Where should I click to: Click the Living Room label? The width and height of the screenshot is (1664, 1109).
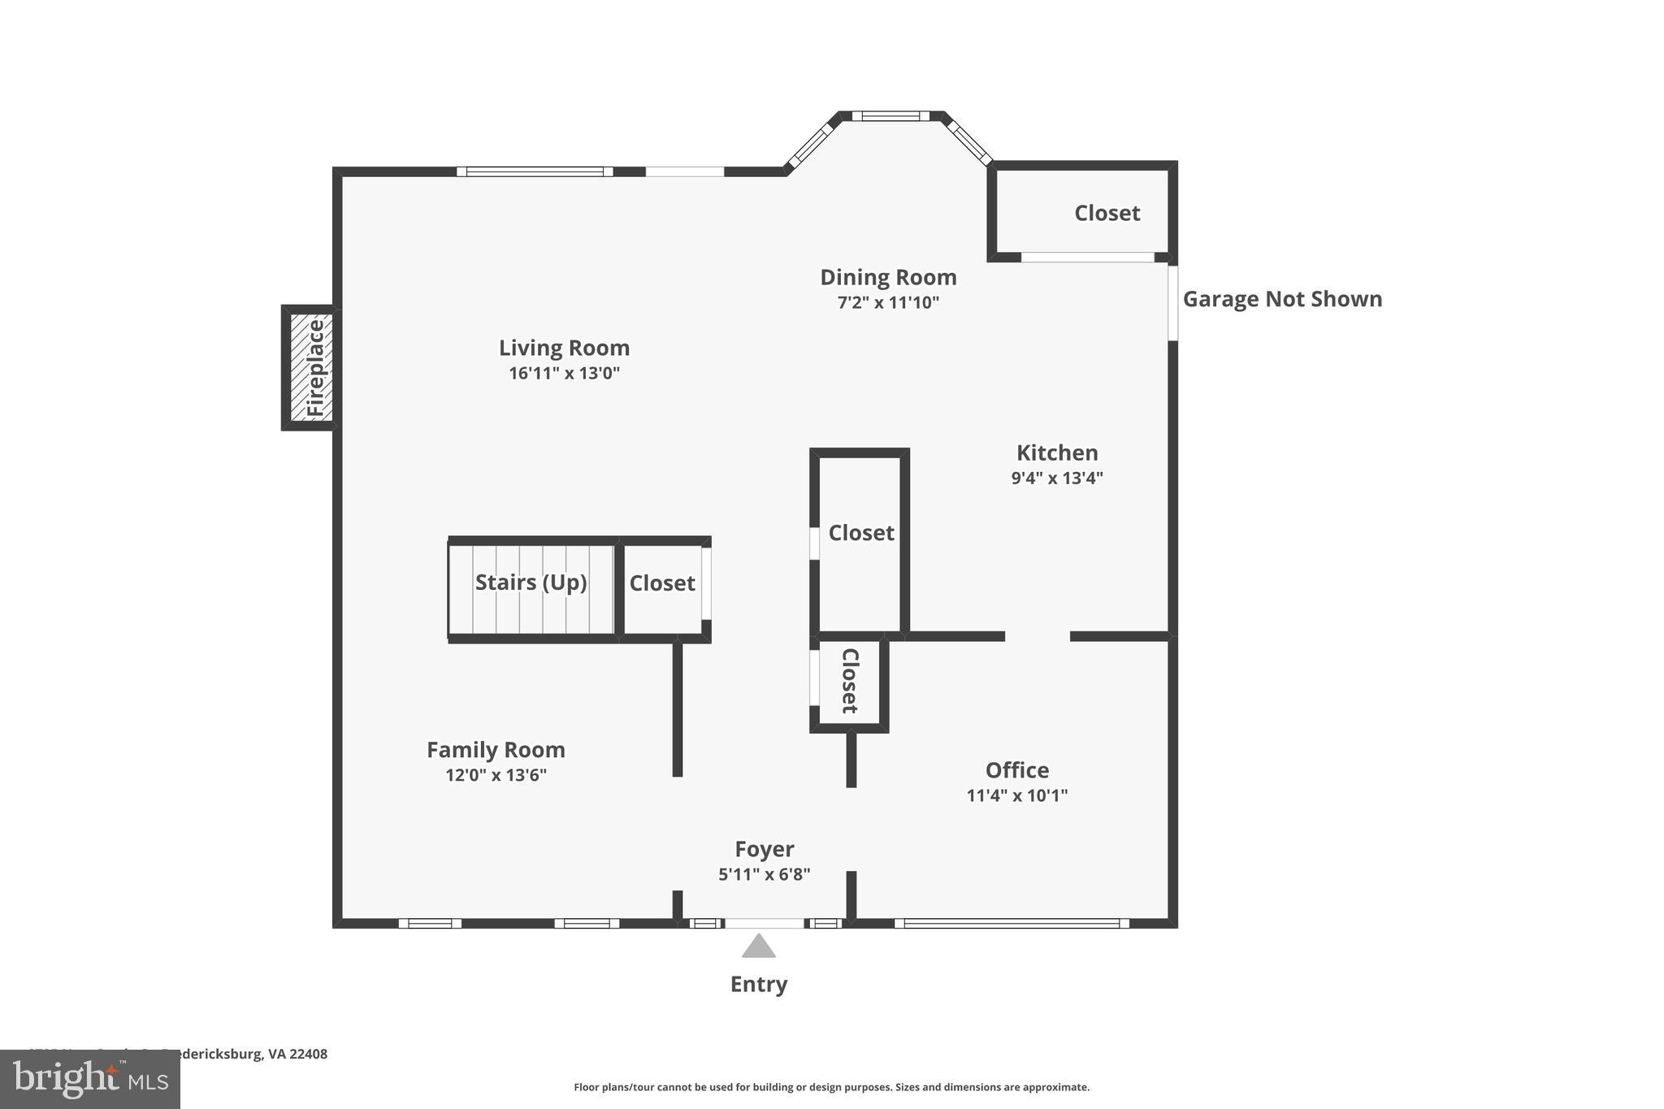click(564, 348)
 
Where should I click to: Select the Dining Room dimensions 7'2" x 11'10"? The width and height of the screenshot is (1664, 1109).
click(888, 303)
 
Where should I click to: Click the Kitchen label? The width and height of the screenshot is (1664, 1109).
click(1056, 453)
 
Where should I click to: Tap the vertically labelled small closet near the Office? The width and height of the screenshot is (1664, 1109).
click(850, 681)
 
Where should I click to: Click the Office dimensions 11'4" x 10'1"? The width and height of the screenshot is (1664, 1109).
click(1016, 795)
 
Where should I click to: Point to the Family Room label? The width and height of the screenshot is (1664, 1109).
click(496, 749)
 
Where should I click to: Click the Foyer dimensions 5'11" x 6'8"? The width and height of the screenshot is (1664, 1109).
click(764, 875)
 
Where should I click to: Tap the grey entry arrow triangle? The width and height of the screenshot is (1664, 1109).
click(758, 947)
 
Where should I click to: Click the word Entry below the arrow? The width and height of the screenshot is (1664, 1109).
click(758, 984)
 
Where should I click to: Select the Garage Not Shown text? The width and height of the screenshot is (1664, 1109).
click(1281, 299)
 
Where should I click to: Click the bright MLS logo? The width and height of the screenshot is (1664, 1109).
click(89, 1080)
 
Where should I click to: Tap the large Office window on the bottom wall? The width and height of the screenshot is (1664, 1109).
click(1012, 923)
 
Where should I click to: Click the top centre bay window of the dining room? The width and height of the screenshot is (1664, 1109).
click(890, 116)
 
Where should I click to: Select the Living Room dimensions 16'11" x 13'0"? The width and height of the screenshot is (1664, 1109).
click(564, 374)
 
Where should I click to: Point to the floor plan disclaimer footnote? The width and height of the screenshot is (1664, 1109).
click(831, 1087)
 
